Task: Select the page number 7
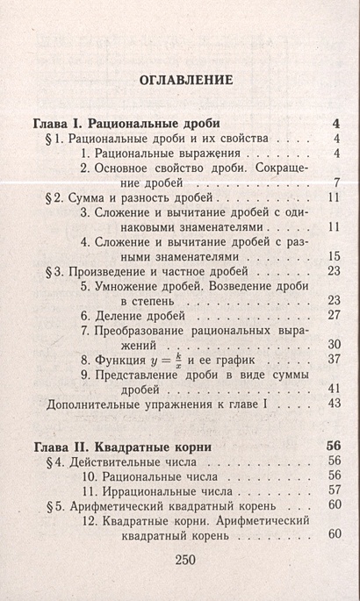tap(336, 182)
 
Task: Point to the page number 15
tap(333, 256)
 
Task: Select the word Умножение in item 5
tap(131, 285)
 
